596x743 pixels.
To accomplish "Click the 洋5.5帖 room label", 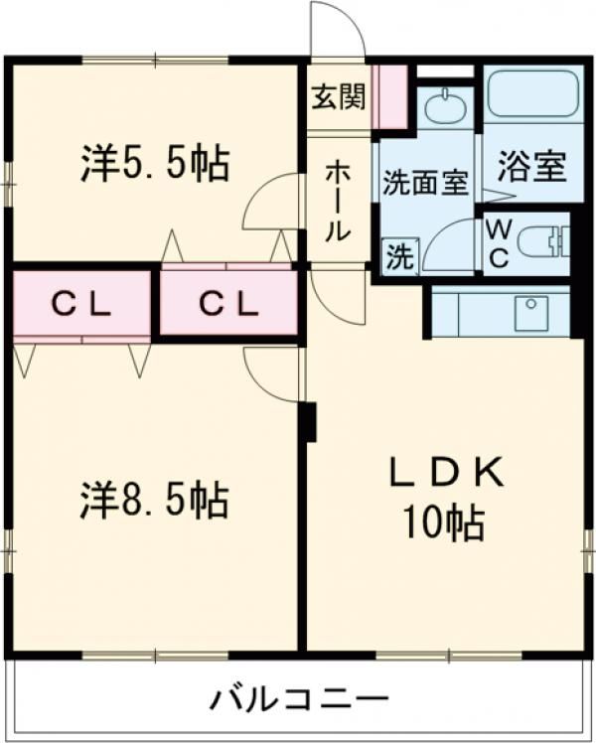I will [x=155, y=163].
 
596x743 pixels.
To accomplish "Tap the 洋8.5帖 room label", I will [x=155, y=501].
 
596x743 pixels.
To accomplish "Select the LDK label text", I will [x=444, y=475].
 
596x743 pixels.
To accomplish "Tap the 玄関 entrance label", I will [x=339, y=96].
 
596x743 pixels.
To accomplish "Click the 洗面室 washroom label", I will [x=425, y=183].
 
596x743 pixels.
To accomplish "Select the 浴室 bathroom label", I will [x=532, y=167].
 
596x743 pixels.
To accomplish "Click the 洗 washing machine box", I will [x=399, y=257].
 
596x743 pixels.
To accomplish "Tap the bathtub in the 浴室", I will [x=532, y=96].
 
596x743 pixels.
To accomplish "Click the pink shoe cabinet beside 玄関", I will [x=390, y=96].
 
